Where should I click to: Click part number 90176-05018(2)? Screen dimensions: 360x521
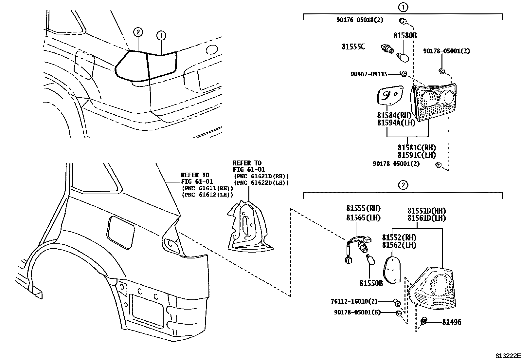pos(359,20)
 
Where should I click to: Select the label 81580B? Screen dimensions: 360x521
pos(405,35)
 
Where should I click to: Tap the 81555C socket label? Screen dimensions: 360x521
pos(353,47)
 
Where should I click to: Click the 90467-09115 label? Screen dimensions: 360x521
pos(369,74)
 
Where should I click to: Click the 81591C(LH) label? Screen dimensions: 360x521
pos(417,155)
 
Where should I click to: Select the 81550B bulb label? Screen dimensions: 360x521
pos(371,283)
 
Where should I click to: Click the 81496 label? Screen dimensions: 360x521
pos(452,322)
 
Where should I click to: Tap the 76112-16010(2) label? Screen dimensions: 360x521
pos(354,301)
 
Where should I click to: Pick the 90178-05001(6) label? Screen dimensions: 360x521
pos(357,313)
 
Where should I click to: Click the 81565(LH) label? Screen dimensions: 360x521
pos(363,218)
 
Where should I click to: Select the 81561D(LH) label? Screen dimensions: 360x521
pos(426,218)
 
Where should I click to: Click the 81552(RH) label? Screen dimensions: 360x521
pos(399,237)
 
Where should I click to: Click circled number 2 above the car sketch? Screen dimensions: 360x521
pos(138,32)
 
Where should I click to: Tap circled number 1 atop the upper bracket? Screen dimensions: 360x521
pos(403,7)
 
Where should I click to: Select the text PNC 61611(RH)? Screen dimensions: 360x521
pos(207,188)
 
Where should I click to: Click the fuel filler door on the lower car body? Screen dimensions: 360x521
pos(120,232)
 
